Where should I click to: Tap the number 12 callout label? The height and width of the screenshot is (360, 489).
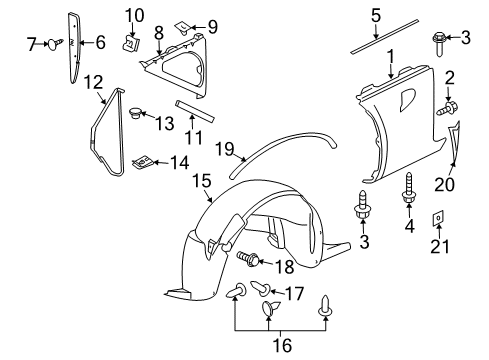point(92,80)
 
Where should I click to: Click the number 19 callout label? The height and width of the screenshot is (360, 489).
point(226,150)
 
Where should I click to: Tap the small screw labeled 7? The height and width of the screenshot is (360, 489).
point(57,41)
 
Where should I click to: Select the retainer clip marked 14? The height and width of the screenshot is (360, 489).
point(145,160)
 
